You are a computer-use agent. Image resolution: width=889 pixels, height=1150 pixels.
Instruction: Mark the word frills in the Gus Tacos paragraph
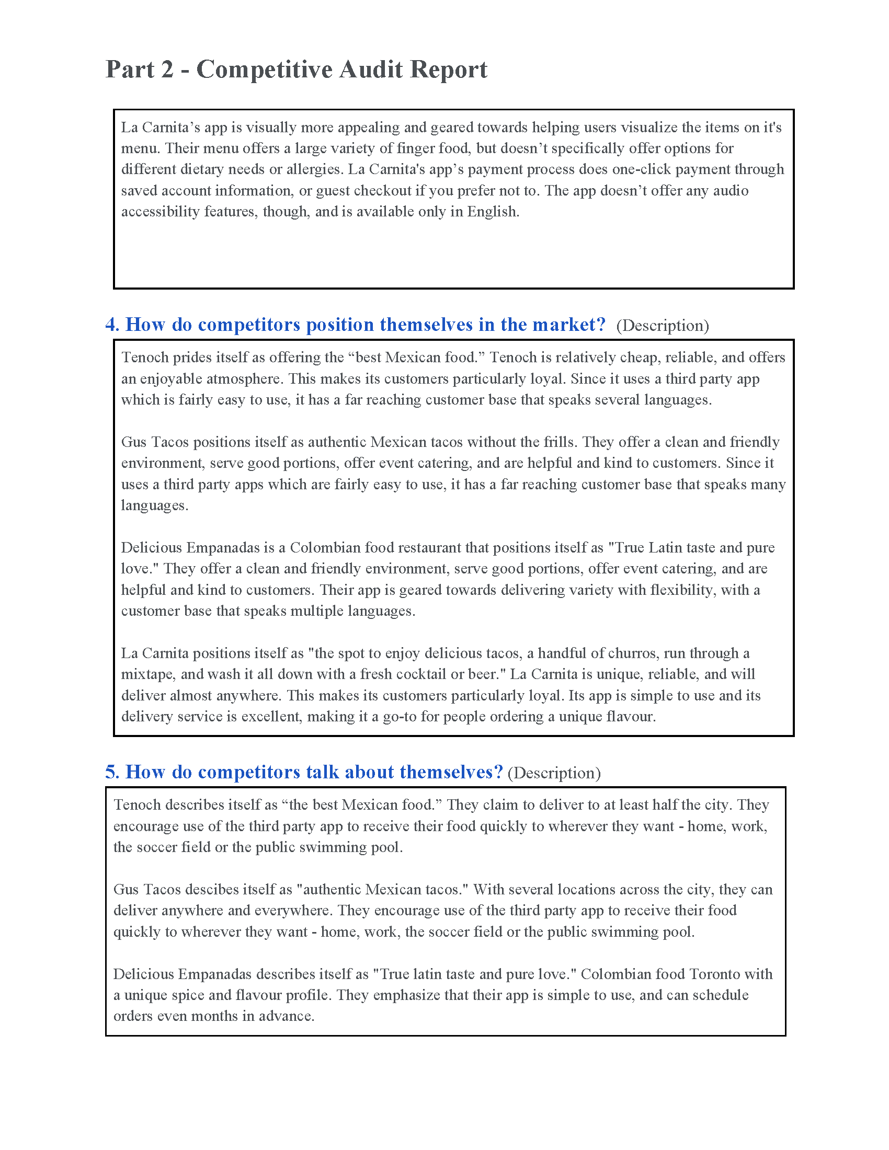coord(559,442)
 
